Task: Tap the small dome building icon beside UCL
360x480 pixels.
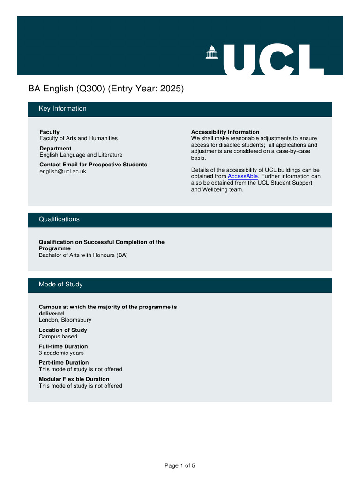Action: click(212, 52)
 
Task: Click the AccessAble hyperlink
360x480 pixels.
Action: click(243, 176)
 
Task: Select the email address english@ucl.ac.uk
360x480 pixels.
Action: click(63, 171)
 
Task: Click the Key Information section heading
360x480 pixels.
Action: click(62, 109)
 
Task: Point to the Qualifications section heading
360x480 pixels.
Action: click(59, 219)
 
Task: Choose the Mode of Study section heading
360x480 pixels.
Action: click(60, 285)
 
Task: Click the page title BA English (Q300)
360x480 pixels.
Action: click(67, 88)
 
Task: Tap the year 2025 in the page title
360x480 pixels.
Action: click(171, 88)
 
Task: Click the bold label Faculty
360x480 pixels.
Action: click(49, 132)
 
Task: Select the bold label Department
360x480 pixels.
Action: click(55, 149)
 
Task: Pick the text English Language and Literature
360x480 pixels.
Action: click(81, 155)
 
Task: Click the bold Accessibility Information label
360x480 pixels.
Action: click(225, 132)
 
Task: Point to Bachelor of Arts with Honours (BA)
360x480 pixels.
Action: click(83, 255)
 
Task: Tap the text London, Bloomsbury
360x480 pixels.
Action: click(65, 320)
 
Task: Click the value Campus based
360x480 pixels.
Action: click(58, 336)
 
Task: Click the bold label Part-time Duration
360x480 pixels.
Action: click(63, 363)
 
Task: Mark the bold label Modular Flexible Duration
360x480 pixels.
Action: click(74, 379)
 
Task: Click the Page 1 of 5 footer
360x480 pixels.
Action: click(180, 465)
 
